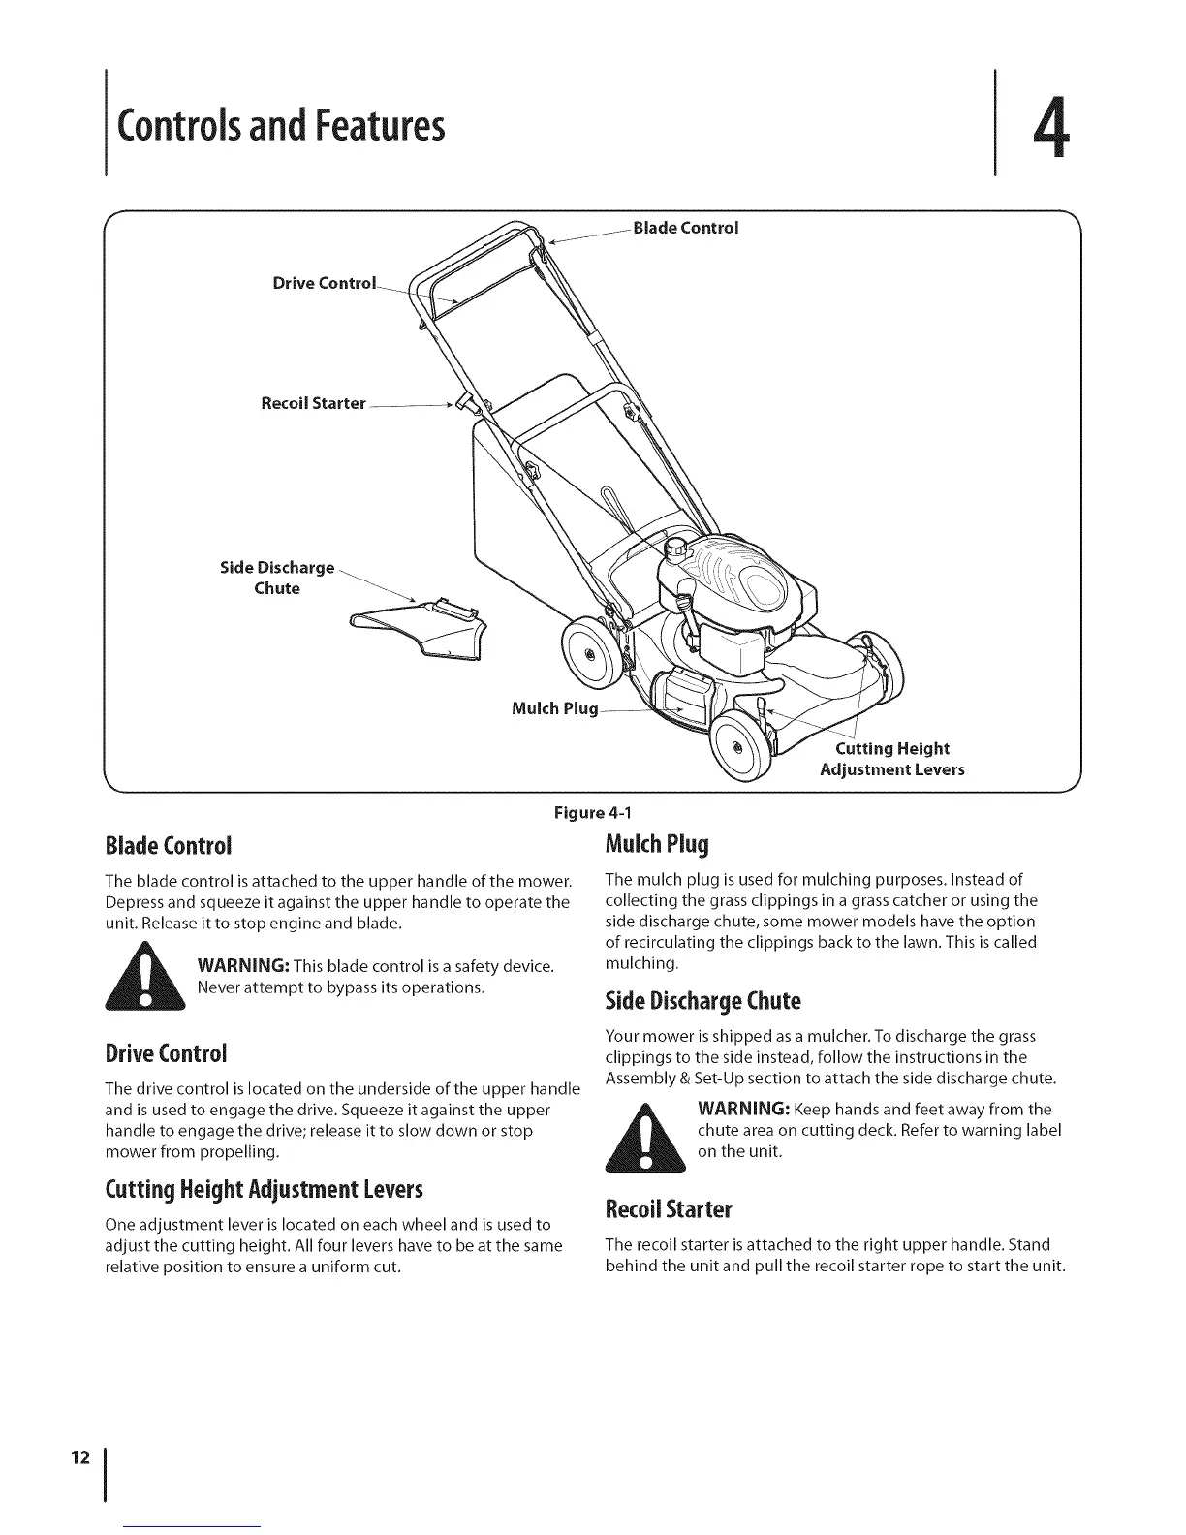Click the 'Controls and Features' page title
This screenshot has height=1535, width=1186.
281,126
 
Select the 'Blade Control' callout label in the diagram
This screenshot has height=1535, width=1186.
685,228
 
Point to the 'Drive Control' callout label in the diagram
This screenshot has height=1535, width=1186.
323,283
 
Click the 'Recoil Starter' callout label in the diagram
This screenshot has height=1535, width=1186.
313,403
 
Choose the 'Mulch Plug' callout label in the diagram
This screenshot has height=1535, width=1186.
554,708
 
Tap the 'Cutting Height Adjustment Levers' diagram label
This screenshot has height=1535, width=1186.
891,760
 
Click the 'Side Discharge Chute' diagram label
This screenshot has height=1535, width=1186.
277,578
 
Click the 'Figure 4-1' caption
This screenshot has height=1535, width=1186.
593,812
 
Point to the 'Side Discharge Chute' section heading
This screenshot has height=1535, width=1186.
702,1000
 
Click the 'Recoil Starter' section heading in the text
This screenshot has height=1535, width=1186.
669,1209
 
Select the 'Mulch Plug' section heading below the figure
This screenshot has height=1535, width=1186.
657,844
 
